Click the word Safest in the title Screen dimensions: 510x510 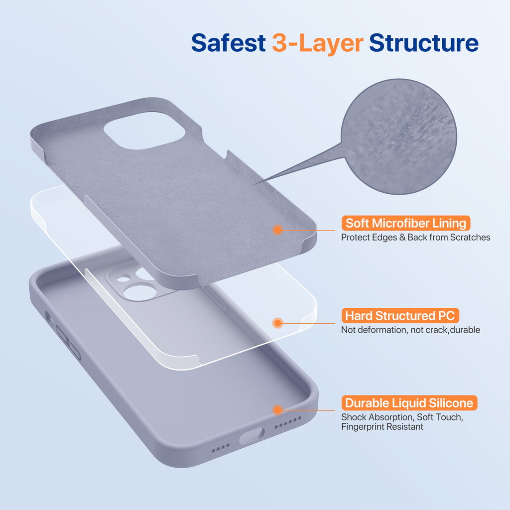[x=228, y=43]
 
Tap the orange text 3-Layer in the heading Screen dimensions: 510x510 [x=317, y=43]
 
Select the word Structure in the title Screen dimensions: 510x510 [x=423, y=43]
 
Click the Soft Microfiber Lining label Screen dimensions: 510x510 [x=405, y=223]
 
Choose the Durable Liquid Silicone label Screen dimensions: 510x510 [x=409, y=403]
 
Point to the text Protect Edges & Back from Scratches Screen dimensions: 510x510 [x=415, y=238]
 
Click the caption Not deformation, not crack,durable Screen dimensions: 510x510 [x=410, y=330]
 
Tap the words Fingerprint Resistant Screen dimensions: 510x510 [x=382, y=427]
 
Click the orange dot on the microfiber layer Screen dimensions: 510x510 [x=278, y=230]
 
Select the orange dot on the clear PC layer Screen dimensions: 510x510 [x=278, y=323]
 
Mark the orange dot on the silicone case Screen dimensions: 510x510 [x=278, y=410]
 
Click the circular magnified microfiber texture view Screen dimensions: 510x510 [x=398, y=137]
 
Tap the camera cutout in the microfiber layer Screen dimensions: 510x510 [x=144, y=130]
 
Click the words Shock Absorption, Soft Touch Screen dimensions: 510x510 [x=402, y=417]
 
